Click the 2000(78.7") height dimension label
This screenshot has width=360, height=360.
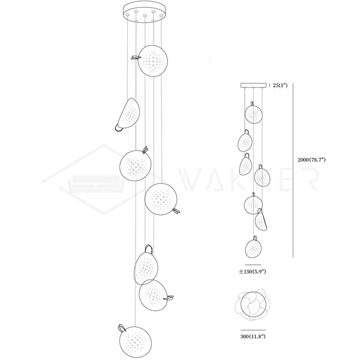[x=311, y=160]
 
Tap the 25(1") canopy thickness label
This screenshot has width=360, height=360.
[x=280, y=85]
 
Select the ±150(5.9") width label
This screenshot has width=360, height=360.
[x=253, y=272]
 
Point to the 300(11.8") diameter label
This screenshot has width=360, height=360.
[x=253, y=337]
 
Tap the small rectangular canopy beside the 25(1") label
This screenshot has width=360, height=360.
[x=253, y=85]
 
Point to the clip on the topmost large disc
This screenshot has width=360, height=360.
[x=136, y=58]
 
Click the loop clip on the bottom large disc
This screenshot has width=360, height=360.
[x=122, y=328]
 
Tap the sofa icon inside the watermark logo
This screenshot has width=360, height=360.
[x=96, y=182]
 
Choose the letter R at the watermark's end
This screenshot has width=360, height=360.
[x=311, y=179]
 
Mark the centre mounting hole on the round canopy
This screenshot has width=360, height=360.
[x=145, y=16]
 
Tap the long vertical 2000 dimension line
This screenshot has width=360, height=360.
[x=293, y=170]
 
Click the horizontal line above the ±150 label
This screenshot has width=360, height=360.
[x=253, y=265]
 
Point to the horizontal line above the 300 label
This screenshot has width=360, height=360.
[x=253, y=330]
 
